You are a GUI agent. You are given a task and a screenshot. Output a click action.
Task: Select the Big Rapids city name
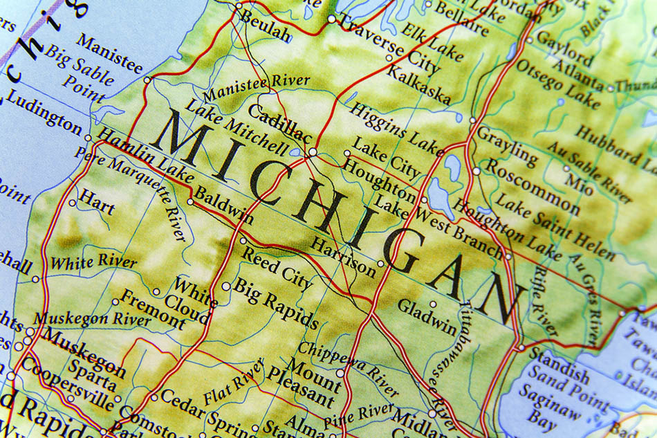(x=275, y=302)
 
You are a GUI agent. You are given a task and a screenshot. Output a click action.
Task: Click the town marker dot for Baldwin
(x=191, y=202)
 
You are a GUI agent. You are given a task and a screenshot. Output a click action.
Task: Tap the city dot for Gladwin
(x=434, y=304)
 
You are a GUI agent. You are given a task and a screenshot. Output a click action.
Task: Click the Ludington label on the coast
(x=43, y=113)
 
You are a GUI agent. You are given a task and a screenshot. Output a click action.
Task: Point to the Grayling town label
(x=507, y=145)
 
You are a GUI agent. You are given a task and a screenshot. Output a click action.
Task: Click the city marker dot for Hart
(x=73, y=203)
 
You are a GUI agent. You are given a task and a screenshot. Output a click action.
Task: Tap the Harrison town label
(x=343, y=256)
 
